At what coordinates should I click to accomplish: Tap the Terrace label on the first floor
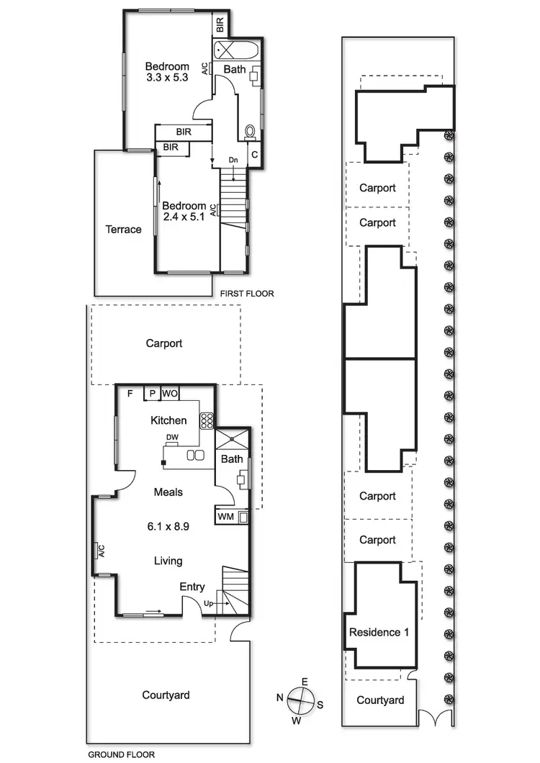point(123,230)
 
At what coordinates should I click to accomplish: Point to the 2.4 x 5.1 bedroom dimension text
point(184,215)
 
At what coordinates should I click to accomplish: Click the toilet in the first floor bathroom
point(251,132)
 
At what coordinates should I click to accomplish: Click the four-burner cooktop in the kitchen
point(207,420)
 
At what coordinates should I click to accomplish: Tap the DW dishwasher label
point(172,437)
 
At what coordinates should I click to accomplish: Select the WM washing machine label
point(224,516)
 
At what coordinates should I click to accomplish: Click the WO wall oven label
point(169,393)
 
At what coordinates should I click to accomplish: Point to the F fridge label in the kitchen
point(130,394)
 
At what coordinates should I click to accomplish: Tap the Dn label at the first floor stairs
point(233,159)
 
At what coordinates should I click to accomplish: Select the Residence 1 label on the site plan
point(379,633)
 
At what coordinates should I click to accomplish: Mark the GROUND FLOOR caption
point(121,755)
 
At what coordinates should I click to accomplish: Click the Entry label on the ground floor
point(192,587)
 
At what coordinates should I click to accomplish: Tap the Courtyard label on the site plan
point(380,700)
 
